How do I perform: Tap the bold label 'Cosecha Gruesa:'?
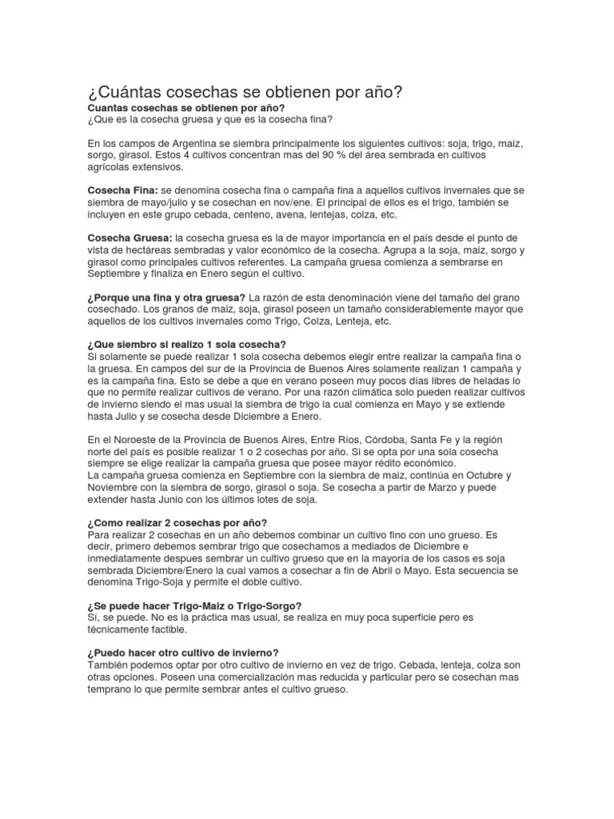[x=129, y=238]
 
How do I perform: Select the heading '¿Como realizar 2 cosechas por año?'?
[x=177, y=522]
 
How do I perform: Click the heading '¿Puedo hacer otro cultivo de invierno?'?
[x=182, y=653]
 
